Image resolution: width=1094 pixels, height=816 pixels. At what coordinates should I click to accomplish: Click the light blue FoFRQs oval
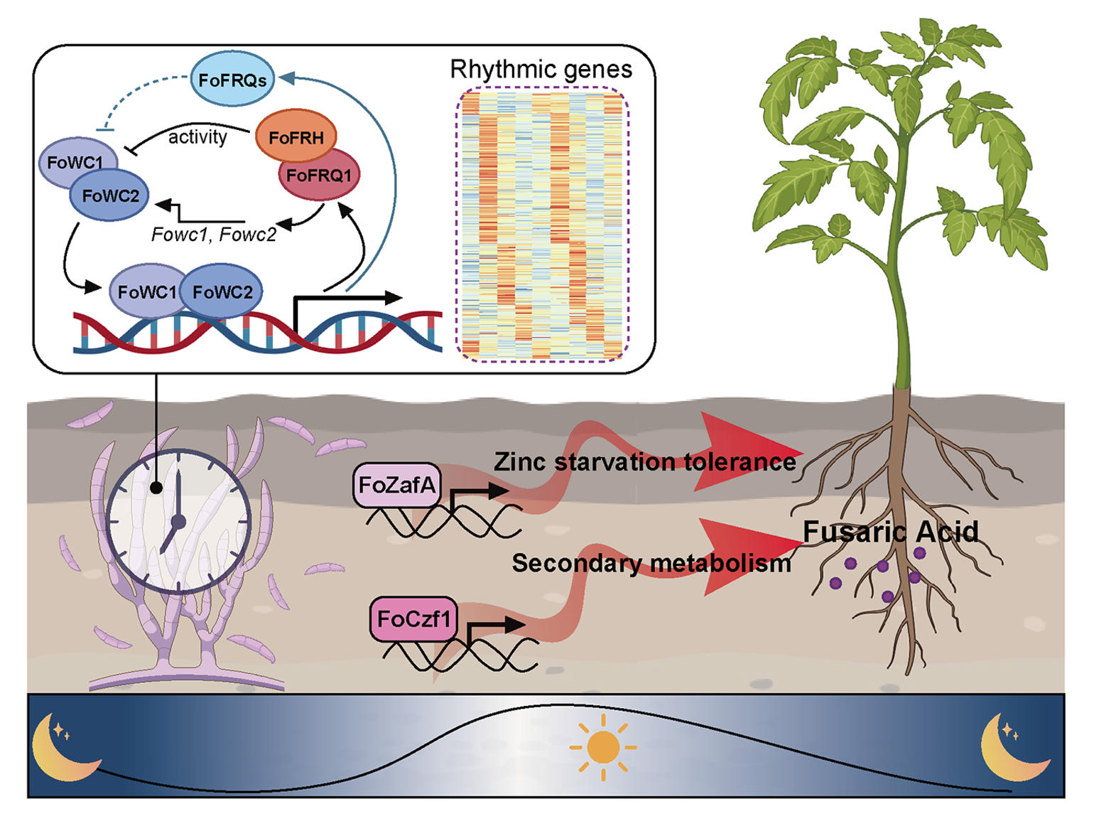232,79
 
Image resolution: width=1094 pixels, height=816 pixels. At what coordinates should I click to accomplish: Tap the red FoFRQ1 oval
319,175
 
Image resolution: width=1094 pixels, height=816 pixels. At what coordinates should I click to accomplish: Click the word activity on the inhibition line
197,136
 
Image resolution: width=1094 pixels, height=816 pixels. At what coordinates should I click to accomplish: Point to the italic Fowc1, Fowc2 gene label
213,235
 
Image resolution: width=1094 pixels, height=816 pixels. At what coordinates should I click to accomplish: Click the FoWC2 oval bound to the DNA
222,291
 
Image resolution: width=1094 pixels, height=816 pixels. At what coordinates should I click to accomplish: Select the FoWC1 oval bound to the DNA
146,291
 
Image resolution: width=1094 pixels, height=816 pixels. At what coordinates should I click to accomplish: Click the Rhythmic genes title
541,69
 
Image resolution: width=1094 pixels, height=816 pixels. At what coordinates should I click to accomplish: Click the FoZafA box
397,485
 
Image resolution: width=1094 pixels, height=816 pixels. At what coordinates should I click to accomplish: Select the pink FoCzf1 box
413,618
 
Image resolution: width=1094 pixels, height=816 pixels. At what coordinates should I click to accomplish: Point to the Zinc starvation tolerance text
644,462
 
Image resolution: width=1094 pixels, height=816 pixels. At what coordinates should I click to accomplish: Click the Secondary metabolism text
651,563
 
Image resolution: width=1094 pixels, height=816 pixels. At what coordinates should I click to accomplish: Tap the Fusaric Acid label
890,532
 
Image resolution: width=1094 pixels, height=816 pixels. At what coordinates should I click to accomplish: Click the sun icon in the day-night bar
602,747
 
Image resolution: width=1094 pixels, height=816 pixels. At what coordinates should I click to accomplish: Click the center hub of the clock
178,522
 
